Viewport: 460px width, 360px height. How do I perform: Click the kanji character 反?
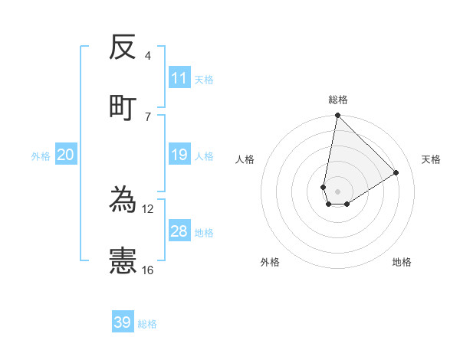click(x=123, y=48)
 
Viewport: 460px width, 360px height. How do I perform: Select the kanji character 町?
click(x=123, y=106)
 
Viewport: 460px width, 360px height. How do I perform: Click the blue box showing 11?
click(x=179, y=78)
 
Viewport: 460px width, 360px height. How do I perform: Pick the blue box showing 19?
click(x=179, y=155)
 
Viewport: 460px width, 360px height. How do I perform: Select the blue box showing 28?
click(x=179, y=231)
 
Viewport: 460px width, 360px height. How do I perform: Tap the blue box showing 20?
click(x=65, y=155)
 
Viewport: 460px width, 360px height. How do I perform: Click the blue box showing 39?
click(x=122, y=322)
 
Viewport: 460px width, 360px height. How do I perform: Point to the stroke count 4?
click(x=148, y=57)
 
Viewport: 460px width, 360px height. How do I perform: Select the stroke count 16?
click(x=148, y=270)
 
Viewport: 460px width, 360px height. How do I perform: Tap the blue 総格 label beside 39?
click(x=147, y=324)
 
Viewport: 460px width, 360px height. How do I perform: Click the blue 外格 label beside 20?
click(x=41, y=156)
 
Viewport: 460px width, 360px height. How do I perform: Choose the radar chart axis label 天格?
click(x=431, y=159)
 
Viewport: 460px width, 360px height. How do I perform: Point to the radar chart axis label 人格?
click(x=245, y=159)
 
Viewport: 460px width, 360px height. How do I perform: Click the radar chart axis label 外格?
click(x=270, y=262)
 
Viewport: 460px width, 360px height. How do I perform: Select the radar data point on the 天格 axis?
click(x=396, y=173)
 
